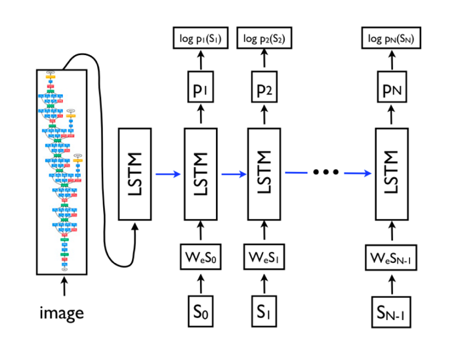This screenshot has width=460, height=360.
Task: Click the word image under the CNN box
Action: click(64, 313)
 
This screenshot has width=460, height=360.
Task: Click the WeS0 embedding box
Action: click(201, 254)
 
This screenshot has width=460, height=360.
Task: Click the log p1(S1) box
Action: click(201, 40)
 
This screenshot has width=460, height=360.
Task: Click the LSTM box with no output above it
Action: click(135, 174)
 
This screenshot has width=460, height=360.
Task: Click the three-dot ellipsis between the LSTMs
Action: click(325, 172)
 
